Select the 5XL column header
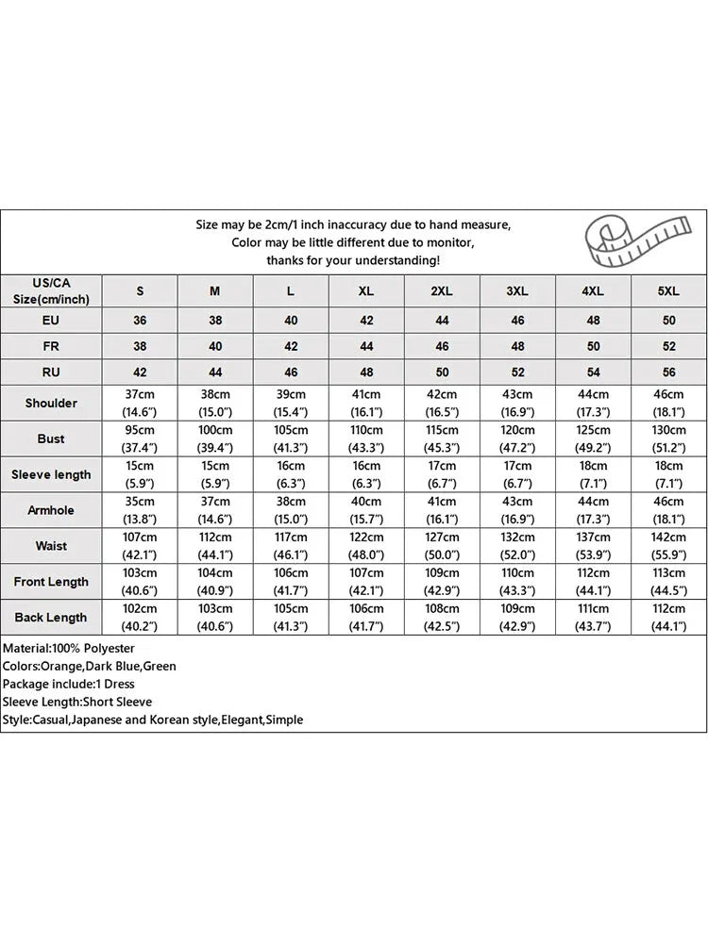click(x=668, y=291)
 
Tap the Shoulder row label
click(x=51, y=403)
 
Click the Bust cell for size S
click(x=140, y=438)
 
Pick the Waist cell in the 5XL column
click(x=668, y=546)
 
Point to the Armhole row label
click(x=51, y=510)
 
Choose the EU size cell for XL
click(x=366, y=321)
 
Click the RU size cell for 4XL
click(x=593, y=372)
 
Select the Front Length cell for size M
click(x=215, y=582)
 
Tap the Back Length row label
click(x=51, y=618)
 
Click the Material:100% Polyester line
click(x=69, y=649)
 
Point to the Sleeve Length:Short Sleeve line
click(x=77, y=702)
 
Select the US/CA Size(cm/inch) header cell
click(x=51, y=290)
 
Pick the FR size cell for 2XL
click(x=442, y=346)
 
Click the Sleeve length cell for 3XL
click(x=517, y=474)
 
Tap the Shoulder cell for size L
click(x=291, y=403)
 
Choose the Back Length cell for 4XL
click(x=593, y=618)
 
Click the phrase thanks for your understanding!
click(x=353, y=259)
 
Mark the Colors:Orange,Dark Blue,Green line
click(x=90, y=667)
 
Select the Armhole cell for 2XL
click(x=442, y=510)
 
